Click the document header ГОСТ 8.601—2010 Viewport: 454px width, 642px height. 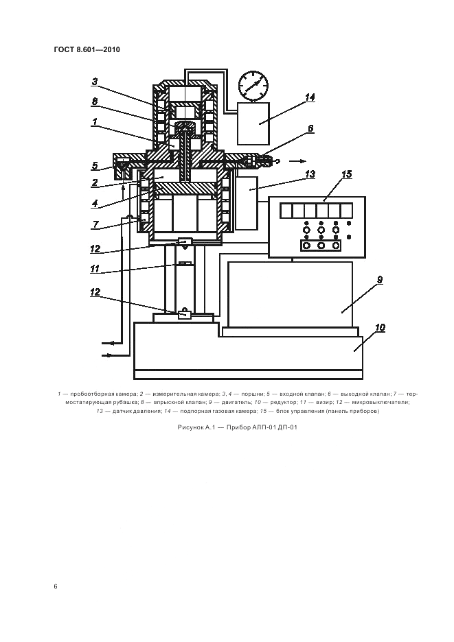[87, 50]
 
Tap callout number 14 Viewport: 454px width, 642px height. [310, 97]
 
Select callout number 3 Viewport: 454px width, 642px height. [95, 82]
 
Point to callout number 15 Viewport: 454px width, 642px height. [347, 174]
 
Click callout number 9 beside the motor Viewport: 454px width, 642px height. [380, 280]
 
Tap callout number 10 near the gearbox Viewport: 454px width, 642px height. [380, 328]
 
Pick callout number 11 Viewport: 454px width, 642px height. [95, 269]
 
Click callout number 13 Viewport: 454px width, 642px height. [310, 174]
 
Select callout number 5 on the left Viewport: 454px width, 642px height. [95, 166]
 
